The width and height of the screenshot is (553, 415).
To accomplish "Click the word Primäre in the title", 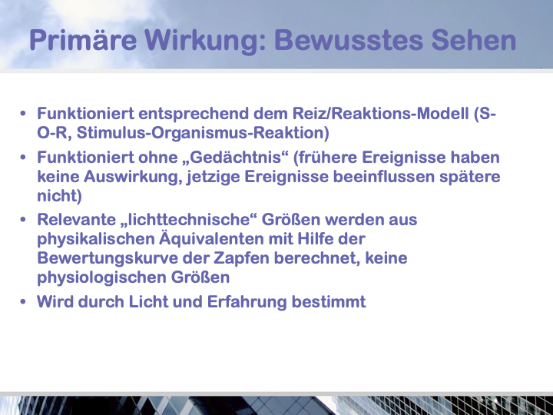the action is pyautogui.click(x=83, y=40).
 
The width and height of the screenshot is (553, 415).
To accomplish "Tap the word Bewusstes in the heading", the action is pyautogui.click(x=349, y=40).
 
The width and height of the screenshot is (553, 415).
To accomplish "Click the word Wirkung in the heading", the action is pyautogui.click(x=205, y=41).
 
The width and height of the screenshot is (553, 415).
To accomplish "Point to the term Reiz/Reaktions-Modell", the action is pyautogui.click(x=380, y=114).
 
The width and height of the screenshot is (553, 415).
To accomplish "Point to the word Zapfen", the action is pyautogui.click(x=242, y=258).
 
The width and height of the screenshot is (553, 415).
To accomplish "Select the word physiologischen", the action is pyautogui.click(x=102, y=277).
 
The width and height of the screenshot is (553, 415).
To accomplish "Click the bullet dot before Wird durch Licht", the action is pyautogui.click(x=23, y=302).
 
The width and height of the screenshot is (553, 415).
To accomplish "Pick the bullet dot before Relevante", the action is pyautogui.click(x=23, y=220).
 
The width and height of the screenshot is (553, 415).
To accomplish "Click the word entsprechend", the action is pyautogui.click(x=194, y=115).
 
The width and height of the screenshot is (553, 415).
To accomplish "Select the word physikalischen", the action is pyautogui.click(x=96, y=239).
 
